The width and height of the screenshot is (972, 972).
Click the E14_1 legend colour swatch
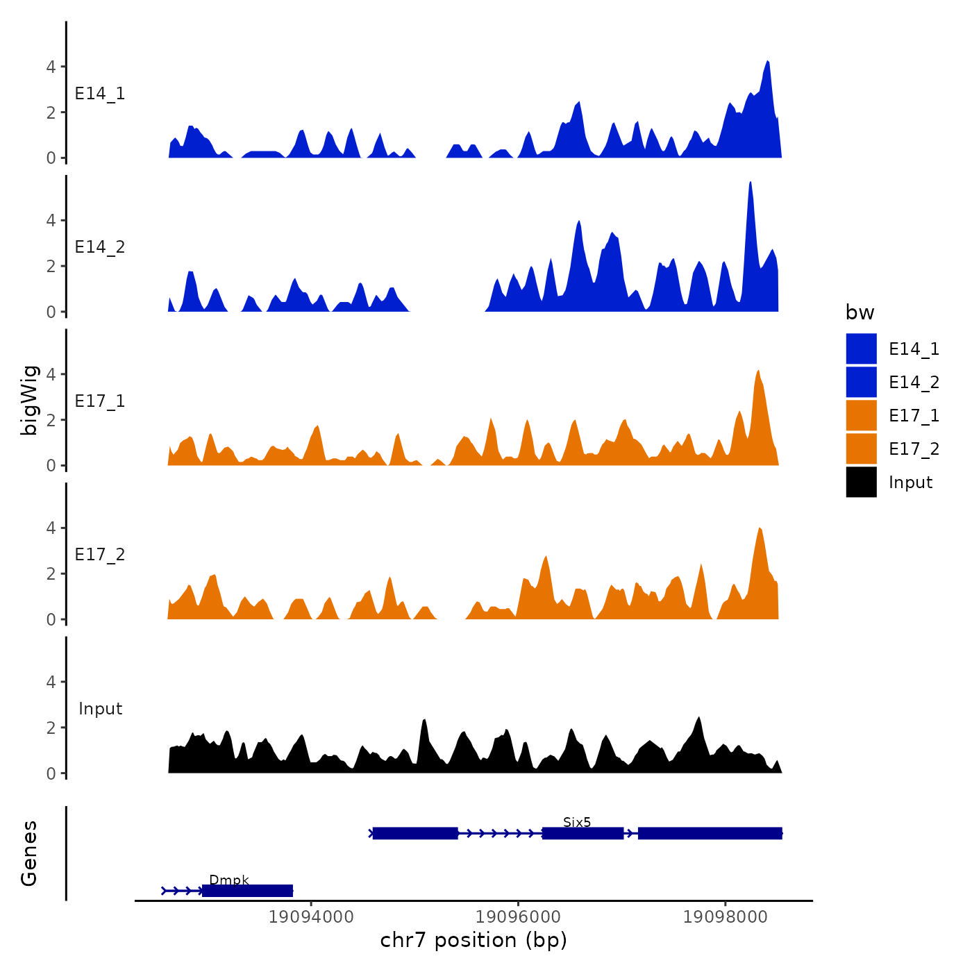[861, 349]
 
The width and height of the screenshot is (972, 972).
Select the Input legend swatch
[861, 482]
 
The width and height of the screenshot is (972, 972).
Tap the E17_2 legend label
[914, 449]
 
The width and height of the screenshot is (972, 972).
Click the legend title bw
[860, 312]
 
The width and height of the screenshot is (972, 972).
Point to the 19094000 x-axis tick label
[311, 917]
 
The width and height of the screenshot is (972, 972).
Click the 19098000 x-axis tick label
[726, 917]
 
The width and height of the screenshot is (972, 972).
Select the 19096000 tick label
[519, 917]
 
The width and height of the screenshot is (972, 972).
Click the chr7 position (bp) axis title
[474, 940]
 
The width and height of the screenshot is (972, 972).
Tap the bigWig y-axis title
[29, 400]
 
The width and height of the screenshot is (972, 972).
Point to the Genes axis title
[29, 853]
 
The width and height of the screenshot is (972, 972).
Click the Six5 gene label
[577, 823]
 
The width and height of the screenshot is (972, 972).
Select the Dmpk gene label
[228, 880]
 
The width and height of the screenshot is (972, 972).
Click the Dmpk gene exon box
[247, 891]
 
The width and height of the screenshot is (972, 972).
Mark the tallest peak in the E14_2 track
[751, 183]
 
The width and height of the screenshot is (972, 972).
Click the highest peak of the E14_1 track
[767, 62]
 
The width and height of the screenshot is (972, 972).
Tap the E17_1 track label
[100, 401]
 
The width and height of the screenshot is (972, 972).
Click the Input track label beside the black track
[100, 709]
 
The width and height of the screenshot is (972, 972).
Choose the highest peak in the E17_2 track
[760, 530]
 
